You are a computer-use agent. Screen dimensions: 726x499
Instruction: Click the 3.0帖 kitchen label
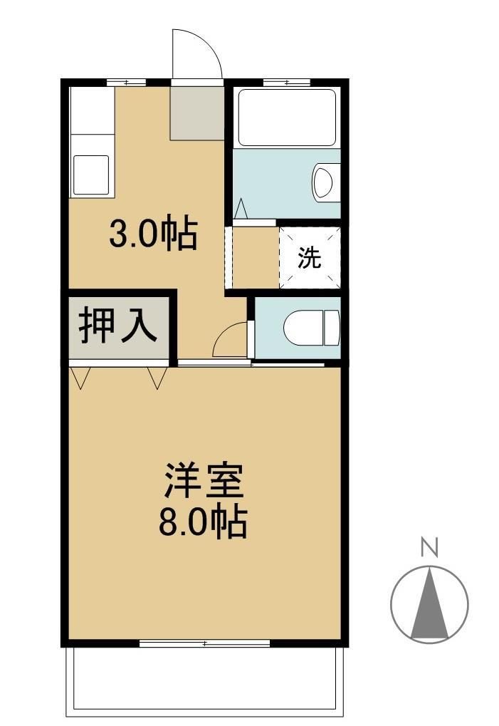coord(152,233)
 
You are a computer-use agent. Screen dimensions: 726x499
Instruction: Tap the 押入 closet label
coord(117,326)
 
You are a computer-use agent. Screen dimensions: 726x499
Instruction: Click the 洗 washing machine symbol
coord(310,257)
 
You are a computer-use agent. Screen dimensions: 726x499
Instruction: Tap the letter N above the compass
coord(429,547)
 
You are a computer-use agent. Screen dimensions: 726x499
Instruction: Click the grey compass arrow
coord(430,603)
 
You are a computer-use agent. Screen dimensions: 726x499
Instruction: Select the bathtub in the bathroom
coord(286,117)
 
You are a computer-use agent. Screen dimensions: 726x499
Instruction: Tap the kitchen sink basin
coord(92,175)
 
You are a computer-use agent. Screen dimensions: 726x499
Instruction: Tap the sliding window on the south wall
coord(205,643)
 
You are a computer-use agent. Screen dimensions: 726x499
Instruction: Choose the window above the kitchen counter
coord(125,83)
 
